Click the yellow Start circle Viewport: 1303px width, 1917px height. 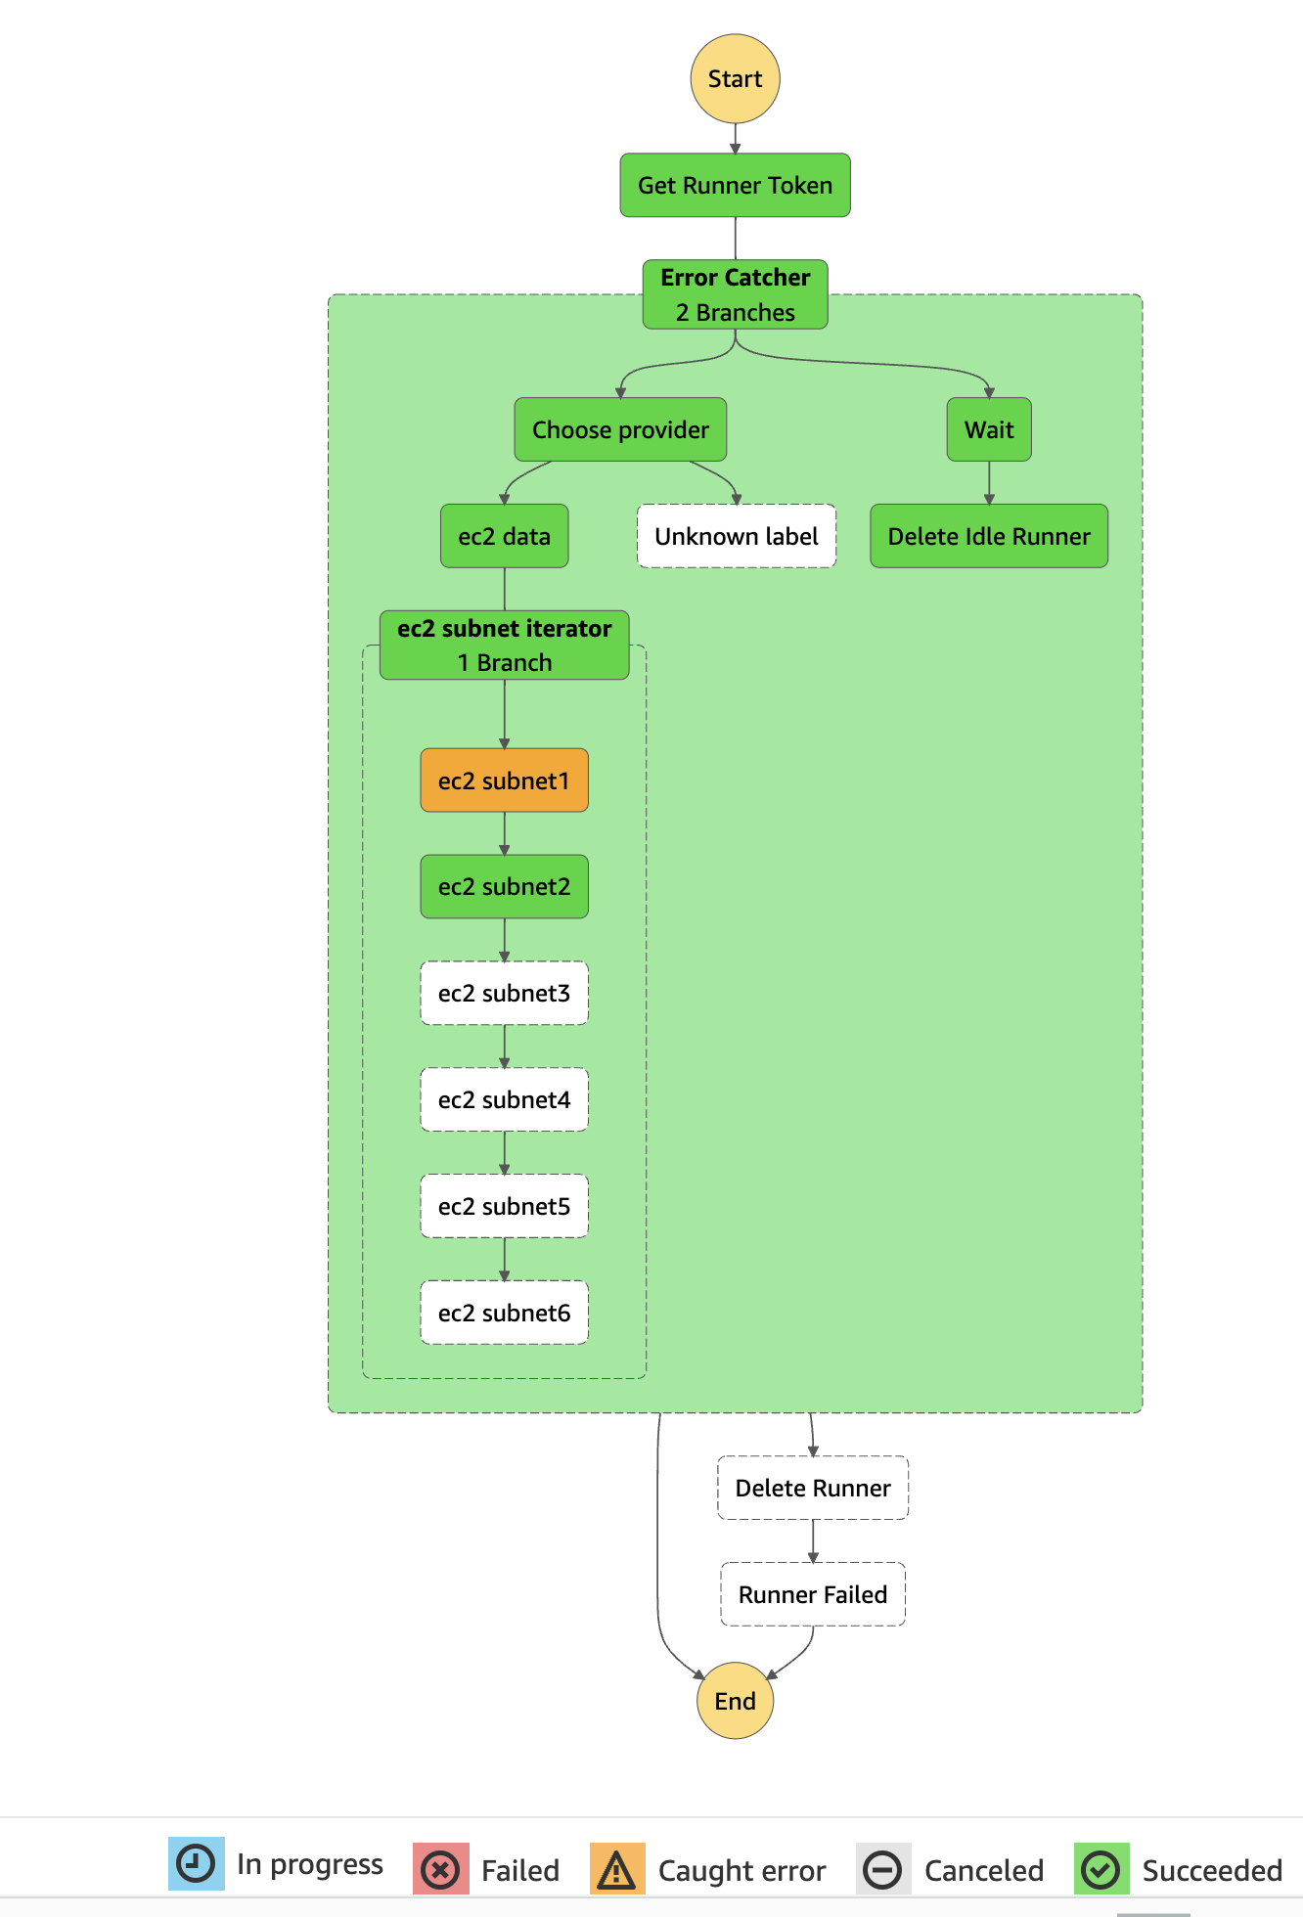pos(735,79)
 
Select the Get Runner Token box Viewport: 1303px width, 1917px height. pos(735,185)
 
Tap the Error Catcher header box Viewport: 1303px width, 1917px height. pos(735,294)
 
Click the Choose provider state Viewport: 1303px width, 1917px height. pos(620,429)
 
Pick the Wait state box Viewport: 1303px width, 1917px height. pos(988,429)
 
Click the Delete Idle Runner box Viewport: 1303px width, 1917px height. pos(988,536)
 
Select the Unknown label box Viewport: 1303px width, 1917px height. pos(736,536)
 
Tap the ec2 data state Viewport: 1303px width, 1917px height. pos(504,536)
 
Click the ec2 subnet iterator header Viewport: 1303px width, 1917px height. pos(504,645)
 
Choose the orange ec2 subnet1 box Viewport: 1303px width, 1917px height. pos(504,780)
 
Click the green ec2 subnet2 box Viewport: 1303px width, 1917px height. pos(504,886)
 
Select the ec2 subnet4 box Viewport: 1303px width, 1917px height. pos(504,1099)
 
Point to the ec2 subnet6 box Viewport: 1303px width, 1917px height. pos(504,1313)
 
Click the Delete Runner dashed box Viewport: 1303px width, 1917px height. pos(813,1488)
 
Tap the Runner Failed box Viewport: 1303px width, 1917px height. pos(813,1594)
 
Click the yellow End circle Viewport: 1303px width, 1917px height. pos(735,1701)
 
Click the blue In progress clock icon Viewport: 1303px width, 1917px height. pos(196,1864)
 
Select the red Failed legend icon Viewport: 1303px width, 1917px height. pos(440,1870)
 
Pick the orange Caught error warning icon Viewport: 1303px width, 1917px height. pos(617,1870)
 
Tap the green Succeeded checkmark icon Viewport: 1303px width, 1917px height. pos(1101,1870)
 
